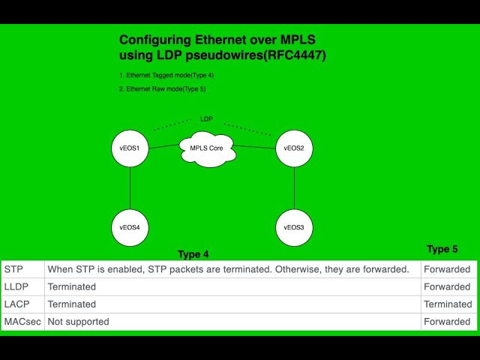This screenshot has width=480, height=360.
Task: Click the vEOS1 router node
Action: pyautogui.click(x=130, y=148)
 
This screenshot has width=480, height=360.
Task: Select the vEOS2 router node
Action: pyautogui.click(x=294, y=148)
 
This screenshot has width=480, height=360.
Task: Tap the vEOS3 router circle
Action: pyautogui.click(x=294, y=227)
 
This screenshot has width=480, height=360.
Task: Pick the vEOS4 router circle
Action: pyautogui.click(x=130, y=227)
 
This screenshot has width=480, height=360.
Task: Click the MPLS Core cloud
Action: pyautogui.click(x=206, y=148)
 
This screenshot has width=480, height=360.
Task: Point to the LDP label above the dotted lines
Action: pyautogui.click(x=206, y=119)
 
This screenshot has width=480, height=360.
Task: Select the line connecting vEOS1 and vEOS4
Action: pyautogui.click(x=130, y=187)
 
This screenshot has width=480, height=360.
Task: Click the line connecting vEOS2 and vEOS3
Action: pyautogui.click(x=294, y=187)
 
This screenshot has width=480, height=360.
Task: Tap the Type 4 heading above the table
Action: pyautogui.click(x=193, y=254)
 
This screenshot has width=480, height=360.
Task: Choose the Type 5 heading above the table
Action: pyautogui.click(x=442, y=249)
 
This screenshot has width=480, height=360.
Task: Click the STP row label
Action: pyautogui.click(x=13, y=269)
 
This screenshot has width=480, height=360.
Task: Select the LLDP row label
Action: pyautogui.click(x=17, y=286)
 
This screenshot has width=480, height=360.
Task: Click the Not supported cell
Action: pyautogui.click(x=79, y=322)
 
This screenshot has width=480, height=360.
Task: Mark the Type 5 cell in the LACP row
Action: pyautogui.click(x=448, y=304)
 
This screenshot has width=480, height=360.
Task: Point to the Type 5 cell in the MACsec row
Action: pyautogui.click(x=447, y=322)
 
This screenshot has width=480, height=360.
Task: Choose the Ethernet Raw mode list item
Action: pyautogui.click(x=162, y=88)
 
